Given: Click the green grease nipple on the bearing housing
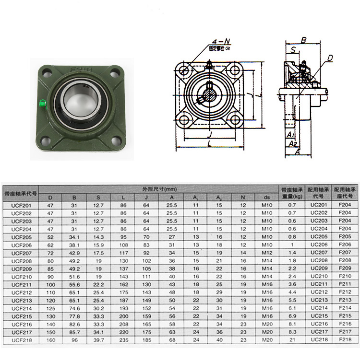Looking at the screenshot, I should click(x=42, y=102).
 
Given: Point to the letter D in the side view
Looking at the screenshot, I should click(x=330, y=58).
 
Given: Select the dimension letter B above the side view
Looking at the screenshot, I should click(x=303, y=41).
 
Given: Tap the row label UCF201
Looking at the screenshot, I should click(x=21, y=205).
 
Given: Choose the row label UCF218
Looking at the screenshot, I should click(x=21, y=339).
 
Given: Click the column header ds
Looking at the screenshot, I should click(x=267, y=197).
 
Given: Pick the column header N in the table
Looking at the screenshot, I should click(x=243, y=197).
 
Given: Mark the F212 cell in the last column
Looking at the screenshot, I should click(x=345, y=292).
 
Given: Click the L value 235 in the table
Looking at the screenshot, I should click(x=124, y=339).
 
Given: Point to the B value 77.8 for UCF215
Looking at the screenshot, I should click(x=74, y=316).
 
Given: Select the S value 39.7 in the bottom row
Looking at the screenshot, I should click(x=98, y=339).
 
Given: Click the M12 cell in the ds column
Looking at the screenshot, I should click(x=267, y=253).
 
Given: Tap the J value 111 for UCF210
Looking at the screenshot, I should click(x=146, y=276).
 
